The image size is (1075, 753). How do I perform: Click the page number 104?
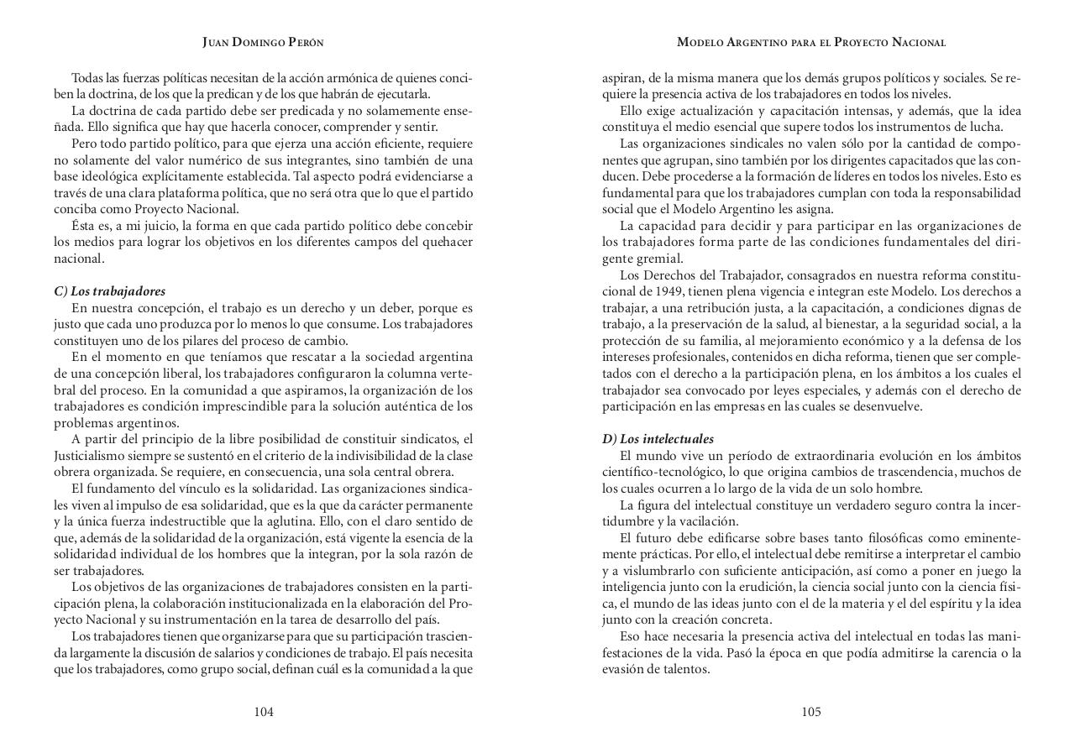coord(264,712)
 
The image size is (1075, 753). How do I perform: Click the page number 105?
coord(810,712)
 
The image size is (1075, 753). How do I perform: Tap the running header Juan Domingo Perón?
coord(263,42)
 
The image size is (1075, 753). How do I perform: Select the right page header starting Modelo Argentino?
coord(811,42)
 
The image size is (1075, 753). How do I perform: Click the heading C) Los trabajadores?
coord(110,291)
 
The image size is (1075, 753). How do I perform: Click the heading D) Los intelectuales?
coord(658,439)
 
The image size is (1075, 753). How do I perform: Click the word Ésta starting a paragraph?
coord(85,226)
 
